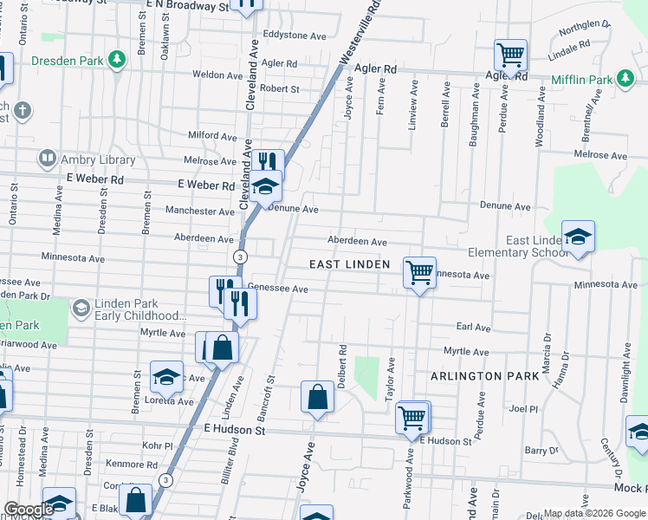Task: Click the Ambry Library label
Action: pyautogui.click(x=98, y=159)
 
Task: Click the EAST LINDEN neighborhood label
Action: pyautogui.click(x=350, y=263)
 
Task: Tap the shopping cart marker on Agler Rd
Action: pyautogui.click(x=511, y=56)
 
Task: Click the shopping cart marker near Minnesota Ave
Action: pyautogui.click(x=419, y=274)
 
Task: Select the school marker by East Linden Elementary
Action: pyautogui.click(x=578, y=237)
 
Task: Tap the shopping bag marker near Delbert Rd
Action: pyautogui.click(x=318, y=397)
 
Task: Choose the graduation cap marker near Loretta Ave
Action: pyautogui.click(x=165, y=376)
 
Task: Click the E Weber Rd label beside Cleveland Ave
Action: pyautogui.click(x=206, y=185)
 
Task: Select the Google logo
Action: pyautogui.click(x=29, y=510)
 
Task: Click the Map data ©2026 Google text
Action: pyautogui.click(x=593, y=514)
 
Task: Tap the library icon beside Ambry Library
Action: pyautogui.click(x=47, y=159)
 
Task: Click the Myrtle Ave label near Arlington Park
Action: pyautogui.click(x=466, y=351)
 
